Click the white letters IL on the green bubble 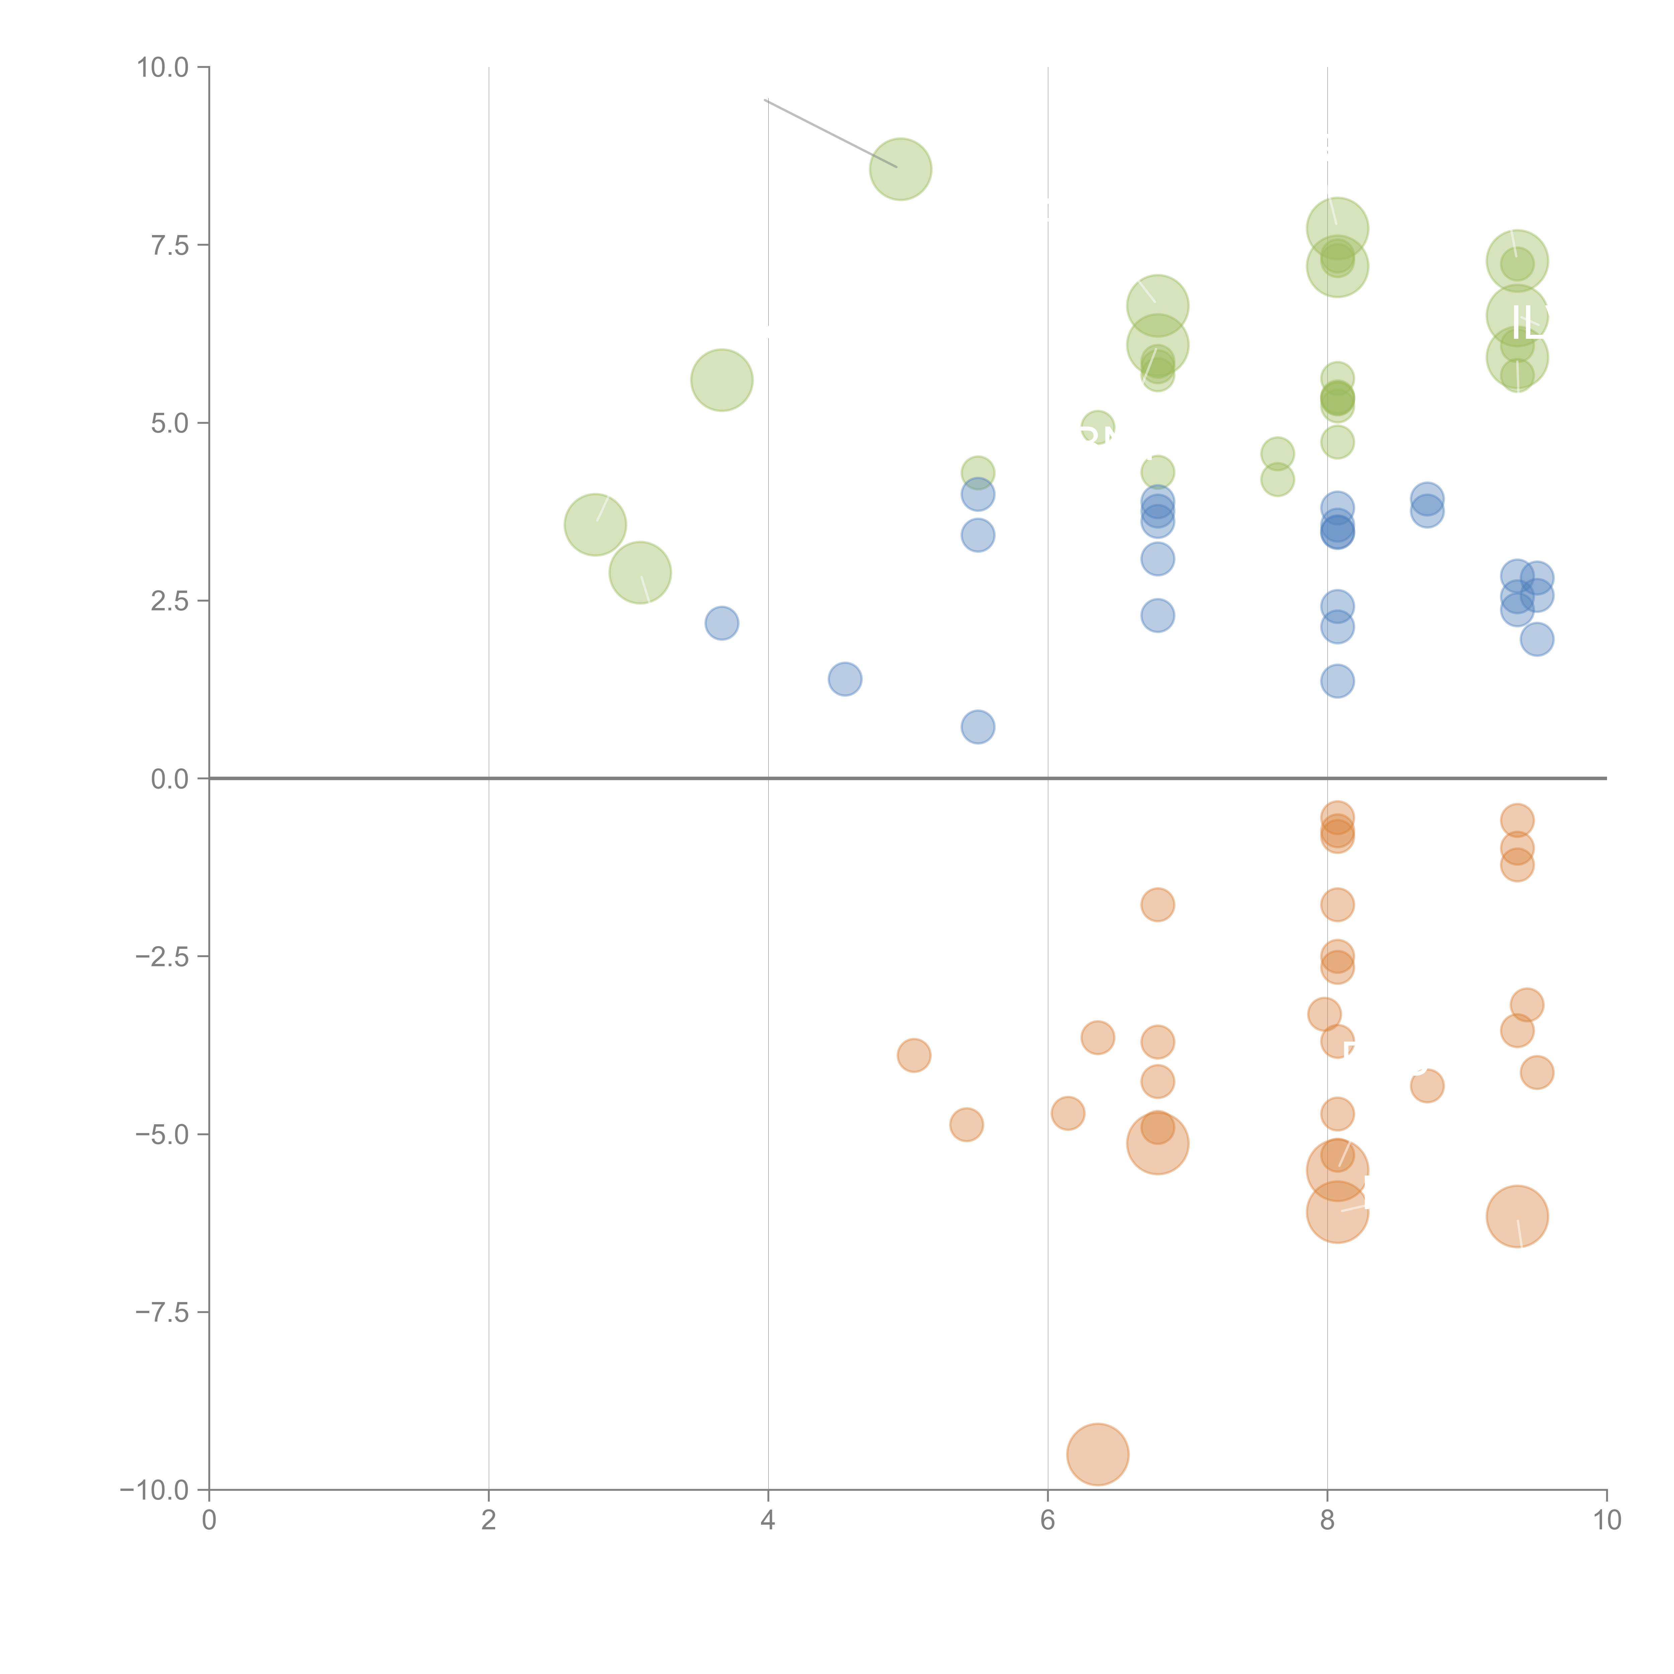pyautogui.click(x=1528, y=323)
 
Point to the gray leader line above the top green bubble pyautogui.click(x=830, y=133)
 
